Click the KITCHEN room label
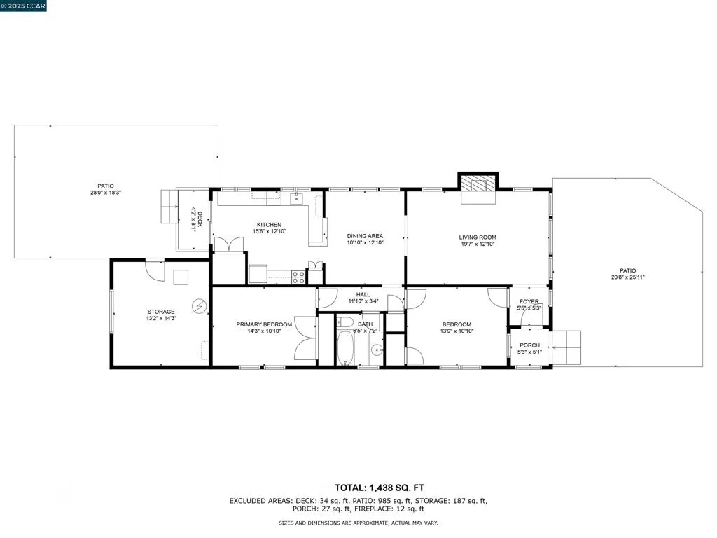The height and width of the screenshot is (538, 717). [270, 225]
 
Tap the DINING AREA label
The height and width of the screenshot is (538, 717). [365, 236]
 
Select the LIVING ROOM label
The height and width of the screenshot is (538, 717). [478, 237]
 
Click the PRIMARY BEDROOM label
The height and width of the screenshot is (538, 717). [264, 324]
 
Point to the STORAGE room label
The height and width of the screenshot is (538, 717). [161, 312]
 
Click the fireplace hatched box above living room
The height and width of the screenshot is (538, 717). [478, 184]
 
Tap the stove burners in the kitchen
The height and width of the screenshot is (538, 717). [298, 277]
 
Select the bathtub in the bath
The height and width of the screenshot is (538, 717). [345, 347]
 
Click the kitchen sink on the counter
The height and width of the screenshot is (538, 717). [296, 198]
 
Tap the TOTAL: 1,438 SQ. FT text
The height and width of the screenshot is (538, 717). [380, 488]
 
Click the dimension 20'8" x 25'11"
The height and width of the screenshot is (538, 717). [628, 277]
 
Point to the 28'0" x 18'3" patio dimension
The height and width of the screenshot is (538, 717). [106, 193]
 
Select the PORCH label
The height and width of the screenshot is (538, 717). [529, 345]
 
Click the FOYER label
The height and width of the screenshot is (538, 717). [529, 301]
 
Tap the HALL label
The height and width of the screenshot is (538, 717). [363, 295]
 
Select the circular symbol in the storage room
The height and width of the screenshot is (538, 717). [200, 305]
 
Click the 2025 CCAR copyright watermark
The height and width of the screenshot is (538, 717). [23, 6]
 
